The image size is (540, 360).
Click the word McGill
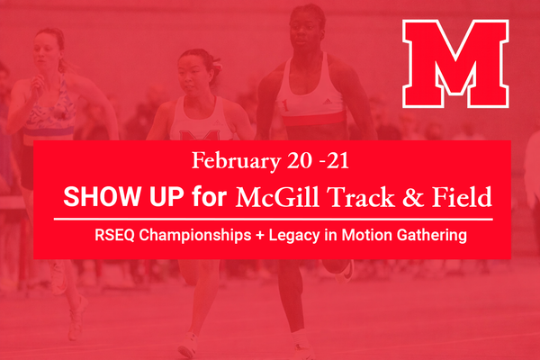(x=273, y=195)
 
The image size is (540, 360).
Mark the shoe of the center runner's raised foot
(x=345, y=269)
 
